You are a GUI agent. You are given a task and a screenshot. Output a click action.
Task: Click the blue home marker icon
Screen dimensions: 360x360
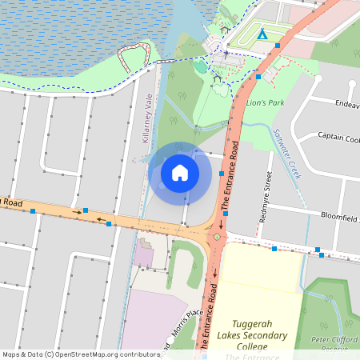[180, 172]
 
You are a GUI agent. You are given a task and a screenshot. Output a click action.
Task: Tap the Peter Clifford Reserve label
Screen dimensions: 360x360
[334, 344]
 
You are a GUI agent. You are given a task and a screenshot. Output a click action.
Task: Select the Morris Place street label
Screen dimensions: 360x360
[186, 326]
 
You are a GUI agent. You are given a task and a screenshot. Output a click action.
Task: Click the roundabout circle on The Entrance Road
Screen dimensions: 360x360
[217, 237]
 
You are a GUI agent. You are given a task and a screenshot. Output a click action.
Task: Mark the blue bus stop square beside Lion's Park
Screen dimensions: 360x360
[258, 77]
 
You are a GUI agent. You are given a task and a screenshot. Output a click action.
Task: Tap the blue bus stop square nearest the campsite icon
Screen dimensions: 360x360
[278, 46]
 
